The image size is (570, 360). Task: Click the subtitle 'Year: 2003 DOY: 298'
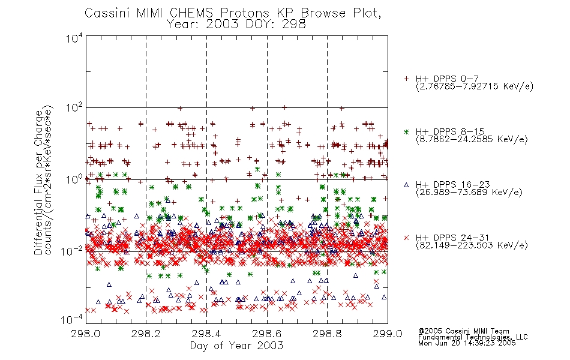point(236,25)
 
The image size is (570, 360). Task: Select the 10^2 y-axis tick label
point(74,107)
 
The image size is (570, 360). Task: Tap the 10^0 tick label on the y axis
point(74,179)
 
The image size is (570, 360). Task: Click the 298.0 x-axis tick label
point(86,334)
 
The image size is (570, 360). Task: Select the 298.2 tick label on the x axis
point(146,334)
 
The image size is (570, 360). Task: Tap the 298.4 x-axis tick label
point(206,334)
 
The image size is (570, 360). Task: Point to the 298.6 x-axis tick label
point(267,334)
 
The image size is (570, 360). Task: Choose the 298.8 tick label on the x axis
point(327,334)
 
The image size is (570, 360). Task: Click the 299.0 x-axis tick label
point(388,334)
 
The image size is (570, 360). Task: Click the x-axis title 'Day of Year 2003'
point(236,346)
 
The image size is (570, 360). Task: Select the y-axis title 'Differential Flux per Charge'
point(38,182)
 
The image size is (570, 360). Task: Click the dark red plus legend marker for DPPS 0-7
point(406,79)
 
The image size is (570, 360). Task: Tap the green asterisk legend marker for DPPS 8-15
point(406,132)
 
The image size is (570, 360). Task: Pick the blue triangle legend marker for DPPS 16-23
point(406,185)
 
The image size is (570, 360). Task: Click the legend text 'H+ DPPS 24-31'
point(452,238)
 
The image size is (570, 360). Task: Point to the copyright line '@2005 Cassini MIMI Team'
point(463,331)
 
